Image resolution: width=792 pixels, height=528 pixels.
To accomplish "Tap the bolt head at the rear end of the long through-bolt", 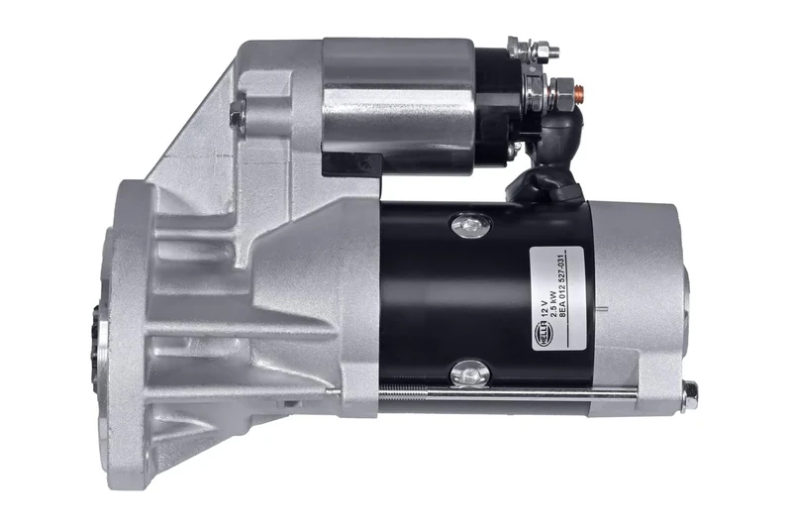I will click(690, 393).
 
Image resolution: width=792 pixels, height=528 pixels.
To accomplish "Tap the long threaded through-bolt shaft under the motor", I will click(515, 395).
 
